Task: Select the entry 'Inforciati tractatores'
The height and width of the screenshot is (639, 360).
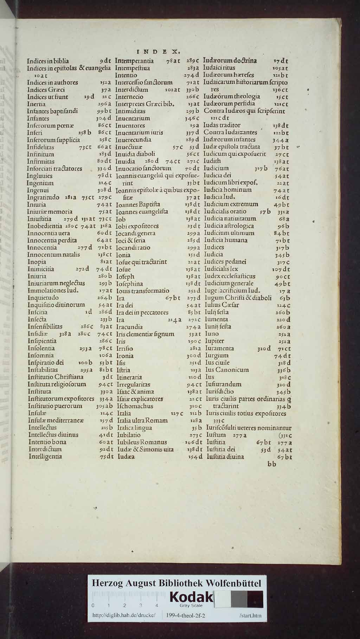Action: [54, 169]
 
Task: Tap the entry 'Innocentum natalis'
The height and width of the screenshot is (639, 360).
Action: [53, 254]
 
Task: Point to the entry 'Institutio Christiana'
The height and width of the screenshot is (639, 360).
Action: [56, 377]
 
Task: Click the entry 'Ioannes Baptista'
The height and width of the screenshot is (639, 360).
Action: [138, 204]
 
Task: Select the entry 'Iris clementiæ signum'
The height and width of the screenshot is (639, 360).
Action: [145, 334]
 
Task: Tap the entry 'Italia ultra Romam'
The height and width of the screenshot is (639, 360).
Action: [142, 420]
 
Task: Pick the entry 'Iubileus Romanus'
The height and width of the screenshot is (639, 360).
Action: [142, 442]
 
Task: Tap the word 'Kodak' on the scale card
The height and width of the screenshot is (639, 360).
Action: [192, 597]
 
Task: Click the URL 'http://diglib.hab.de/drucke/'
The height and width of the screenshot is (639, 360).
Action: [124, 615]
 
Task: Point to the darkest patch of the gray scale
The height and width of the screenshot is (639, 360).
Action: [255, 599]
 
